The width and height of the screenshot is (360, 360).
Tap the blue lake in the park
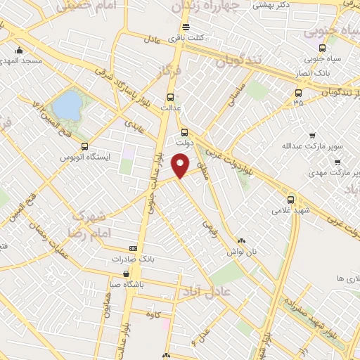pyautogui.click(x=68, y=105)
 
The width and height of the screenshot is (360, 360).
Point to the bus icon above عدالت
pyautogui.click(x=169, y=98)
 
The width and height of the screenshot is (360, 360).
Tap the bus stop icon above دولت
pyautogui.click(x=185, y=131)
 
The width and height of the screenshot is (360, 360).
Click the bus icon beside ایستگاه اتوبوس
pyautogui.click(x=85, y=146)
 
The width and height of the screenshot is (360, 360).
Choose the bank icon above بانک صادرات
pyautogui.click(x=134, y=248)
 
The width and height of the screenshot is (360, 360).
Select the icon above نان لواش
pyautogui.click(x=240, y=240)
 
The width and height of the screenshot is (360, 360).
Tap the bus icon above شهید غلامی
pyautogui.click(x=290, y=199)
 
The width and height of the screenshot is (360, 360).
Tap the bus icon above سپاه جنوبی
pyautogui.click(x=321, y=49)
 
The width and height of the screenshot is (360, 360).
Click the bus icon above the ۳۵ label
pyautogui.click(x=298, y=92)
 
